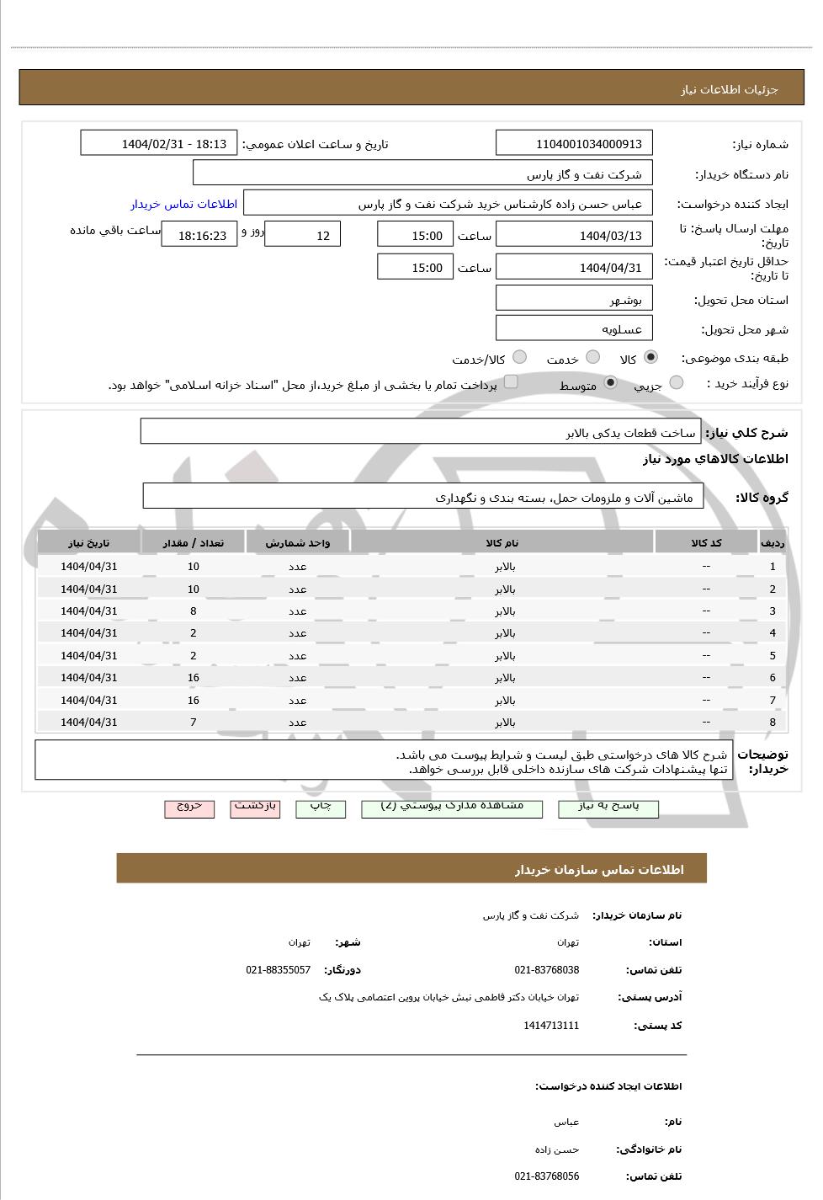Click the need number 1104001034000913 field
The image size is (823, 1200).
(575, 143)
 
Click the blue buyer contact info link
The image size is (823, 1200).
(183, 204)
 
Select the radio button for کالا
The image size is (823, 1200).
(650, 357)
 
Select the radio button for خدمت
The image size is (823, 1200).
(592, 357)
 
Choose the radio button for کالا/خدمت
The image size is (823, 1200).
(519, 357)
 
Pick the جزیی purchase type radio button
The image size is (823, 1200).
(676, 383)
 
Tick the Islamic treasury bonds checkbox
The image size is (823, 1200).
(511, 383)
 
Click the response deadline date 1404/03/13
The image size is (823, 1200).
(575, 235)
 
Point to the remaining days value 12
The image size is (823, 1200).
(303, 235)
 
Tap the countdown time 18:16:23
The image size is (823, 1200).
(200, 236)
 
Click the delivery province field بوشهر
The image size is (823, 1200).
(575, 299)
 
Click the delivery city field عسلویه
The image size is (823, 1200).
(575, 328)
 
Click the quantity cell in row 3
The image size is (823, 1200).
(194, 611)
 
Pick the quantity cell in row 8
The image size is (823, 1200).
(194, 723)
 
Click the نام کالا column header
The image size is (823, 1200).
(502, 543)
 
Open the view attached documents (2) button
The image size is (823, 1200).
(452, 807)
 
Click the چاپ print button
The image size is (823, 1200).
(321, 807)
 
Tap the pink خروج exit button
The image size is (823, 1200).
(189, 807)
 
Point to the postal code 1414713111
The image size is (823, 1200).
(551, 1026)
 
